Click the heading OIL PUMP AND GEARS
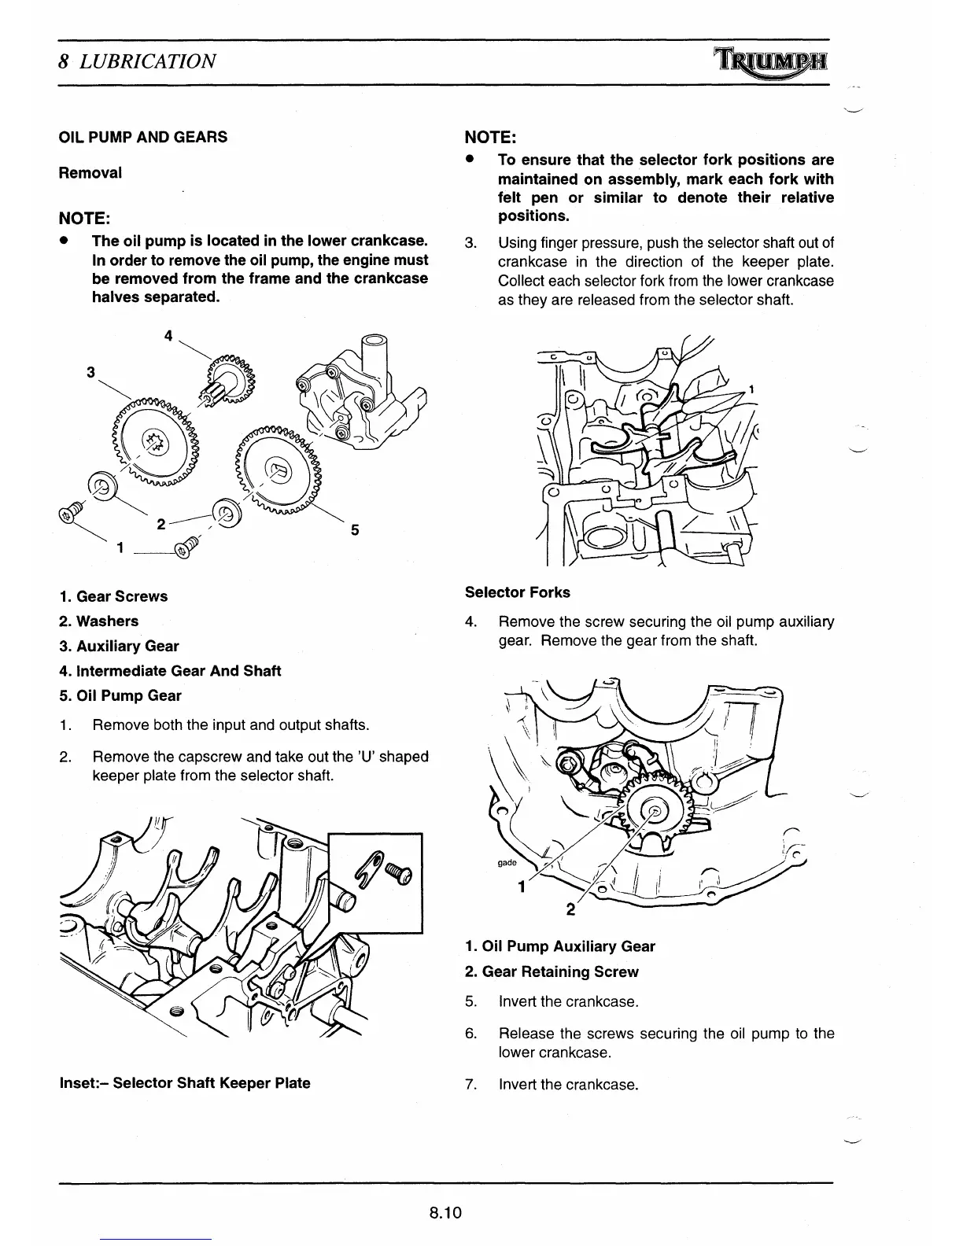coord(143,137)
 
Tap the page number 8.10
coord(445,1212)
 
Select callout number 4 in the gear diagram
coord(168,335)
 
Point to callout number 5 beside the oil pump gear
coord(355,530)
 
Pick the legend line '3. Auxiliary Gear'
coord(119,646)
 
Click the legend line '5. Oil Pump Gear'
coord(120,695)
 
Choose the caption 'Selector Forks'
coord(518,592)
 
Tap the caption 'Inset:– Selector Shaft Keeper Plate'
coord(185,1082)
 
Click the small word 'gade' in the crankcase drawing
coord(507,863)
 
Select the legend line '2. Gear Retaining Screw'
coord(552,971)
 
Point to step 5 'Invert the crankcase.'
coord(568,1001)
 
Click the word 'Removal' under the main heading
coord(90,172)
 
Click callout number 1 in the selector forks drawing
coord(752,389)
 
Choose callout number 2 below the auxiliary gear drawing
coord(571,911)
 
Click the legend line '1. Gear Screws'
coord(113,596)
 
